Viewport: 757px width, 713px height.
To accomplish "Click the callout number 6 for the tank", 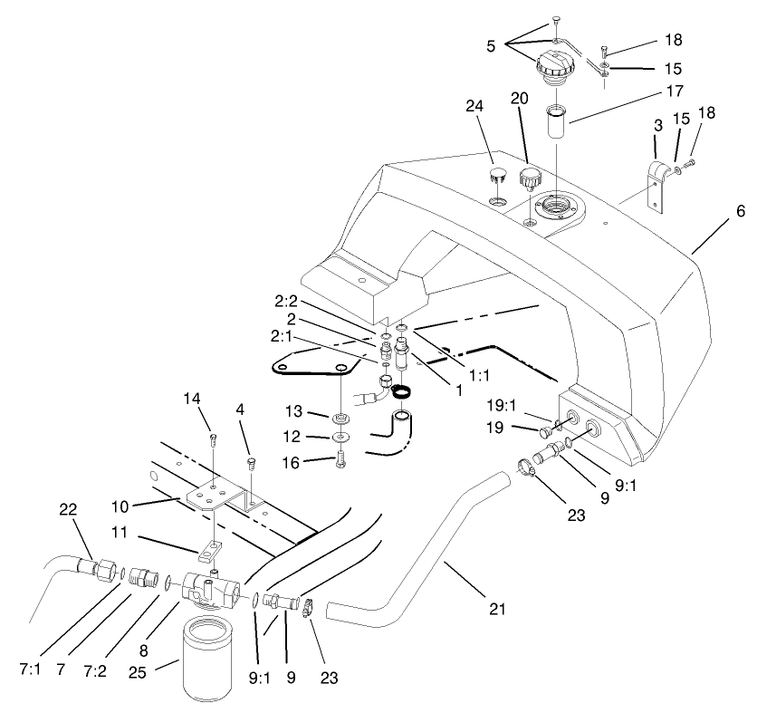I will click(x=740, y=211).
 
